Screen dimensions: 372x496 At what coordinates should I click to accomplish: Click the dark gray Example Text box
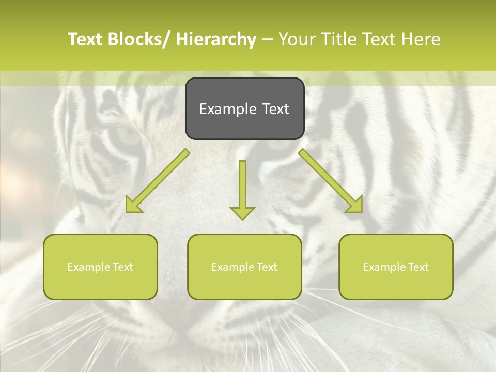(x=244, y=109)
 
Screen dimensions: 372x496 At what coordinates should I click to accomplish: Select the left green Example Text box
(x=100, y=267)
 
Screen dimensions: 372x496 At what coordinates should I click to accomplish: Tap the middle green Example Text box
(x=244, y=267)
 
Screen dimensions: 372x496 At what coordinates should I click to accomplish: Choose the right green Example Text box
(x=396, y=267)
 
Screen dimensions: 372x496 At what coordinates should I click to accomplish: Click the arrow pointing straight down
(x=242, y=189)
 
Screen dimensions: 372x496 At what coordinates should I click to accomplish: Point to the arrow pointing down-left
(x=158, y=181)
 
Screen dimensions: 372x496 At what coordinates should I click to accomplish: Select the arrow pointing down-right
(x=331, y=181)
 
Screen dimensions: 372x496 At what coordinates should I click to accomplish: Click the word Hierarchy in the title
(x=216, y=39)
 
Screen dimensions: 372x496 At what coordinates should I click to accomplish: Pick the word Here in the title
(x=422, y=39)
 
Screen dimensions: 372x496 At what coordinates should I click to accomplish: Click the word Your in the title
(x=297, y=39)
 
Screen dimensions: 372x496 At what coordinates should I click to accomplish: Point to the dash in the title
(x=267, y=39)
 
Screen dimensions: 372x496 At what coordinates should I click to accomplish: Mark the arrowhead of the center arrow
(x=242, y=212)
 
